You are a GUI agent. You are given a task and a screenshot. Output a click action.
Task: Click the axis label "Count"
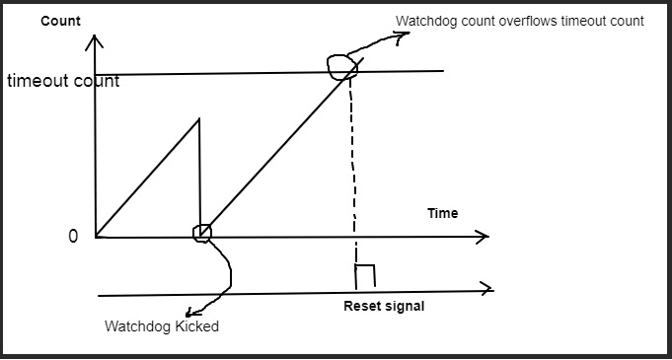pos(60,21)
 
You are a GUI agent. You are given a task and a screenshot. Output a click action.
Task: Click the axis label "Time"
pos(442,213)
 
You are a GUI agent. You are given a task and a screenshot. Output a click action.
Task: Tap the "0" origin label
pos(72,237)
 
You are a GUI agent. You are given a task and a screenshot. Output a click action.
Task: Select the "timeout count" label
pos(63,81)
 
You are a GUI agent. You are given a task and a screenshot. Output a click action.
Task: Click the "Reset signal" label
pos(384,306)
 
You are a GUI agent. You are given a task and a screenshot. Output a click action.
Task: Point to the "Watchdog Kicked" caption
pos(162,326)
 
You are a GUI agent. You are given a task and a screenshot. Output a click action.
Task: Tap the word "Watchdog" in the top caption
pos(428,21)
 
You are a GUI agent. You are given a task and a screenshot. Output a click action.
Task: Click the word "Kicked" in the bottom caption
pos(195,326)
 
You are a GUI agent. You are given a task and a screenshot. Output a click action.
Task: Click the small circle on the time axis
pos(201,233)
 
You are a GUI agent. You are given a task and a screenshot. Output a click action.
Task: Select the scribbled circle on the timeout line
pos(342,66)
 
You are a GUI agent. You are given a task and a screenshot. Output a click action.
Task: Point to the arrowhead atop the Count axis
pos(94,41)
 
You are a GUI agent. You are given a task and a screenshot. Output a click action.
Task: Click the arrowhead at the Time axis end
pos(483,237)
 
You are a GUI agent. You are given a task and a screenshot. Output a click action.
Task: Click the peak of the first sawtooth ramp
pos(199,119)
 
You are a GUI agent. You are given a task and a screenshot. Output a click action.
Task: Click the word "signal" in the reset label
pos(407,306)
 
